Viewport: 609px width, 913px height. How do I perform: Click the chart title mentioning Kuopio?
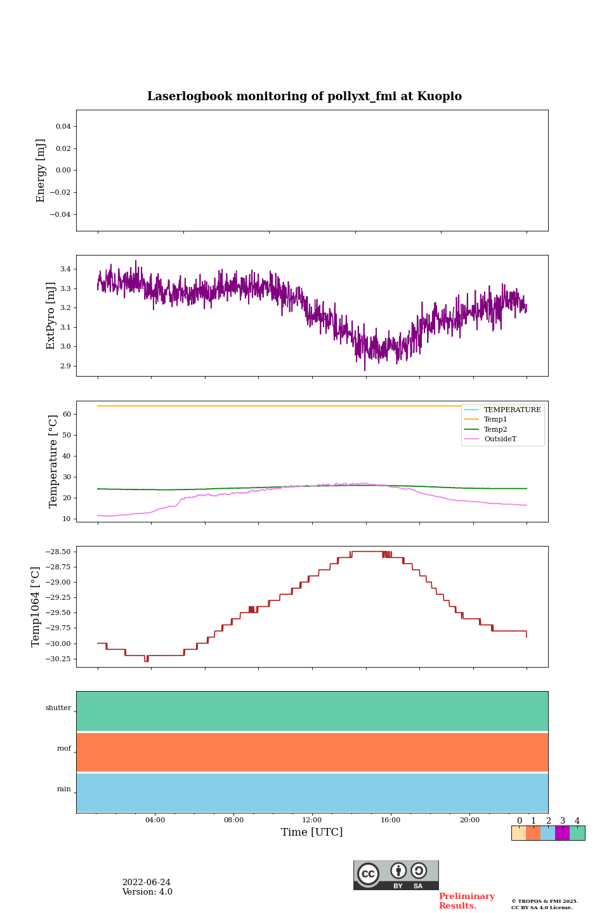click(304, 96)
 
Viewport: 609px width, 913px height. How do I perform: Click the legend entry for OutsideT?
click(500, 439)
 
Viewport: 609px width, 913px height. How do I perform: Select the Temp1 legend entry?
click(495, 420)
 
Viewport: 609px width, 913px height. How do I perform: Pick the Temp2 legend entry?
click(495, 429)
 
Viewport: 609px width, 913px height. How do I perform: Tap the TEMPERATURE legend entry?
click(512, 410)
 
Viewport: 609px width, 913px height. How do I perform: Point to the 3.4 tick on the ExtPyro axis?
click(65, 269)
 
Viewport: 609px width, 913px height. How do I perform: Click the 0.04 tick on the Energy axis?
click(63, 127)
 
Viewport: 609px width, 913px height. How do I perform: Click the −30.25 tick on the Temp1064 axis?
click(57, 659)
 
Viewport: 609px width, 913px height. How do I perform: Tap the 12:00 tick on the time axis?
click(312, 820)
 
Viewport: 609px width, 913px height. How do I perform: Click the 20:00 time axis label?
click(469, 820)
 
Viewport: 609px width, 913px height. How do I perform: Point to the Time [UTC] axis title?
click(312, 832)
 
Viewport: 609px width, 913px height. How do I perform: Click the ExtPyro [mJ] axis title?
click(51, 316)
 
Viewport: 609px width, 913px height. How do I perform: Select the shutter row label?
click(58, 708)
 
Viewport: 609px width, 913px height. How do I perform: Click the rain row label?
click(64, 789)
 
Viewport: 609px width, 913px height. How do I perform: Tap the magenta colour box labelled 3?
click(562, 833)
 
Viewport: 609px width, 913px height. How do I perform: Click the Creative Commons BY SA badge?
click(396, 875)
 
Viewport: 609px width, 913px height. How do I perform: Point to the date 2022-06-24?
click(146, 883)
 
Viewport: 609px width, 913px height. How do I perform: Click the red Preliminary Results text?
click(466, 901)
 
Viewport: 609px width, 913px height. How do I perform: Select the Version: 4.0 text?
click(147, 892)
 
